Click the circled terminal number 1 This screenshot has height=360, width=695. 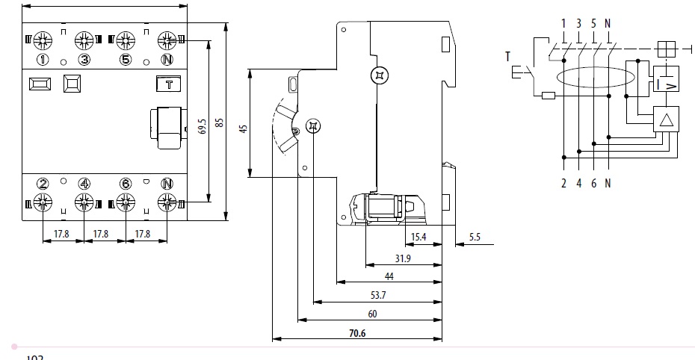(x=43, y=60)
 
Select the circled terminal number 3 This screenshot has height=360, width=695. (x=84, y=60)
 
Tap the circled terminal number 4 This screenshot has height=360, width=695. (x=84, y=184)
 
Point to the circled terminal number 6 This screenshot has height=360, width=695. (x=126, y=184)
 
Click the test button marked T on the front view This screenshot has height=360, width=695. (x=168, y=84)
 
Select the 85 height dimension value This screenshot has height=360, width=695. (x=219, y=122)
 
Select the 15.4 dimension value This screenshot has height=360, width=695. (x=420, y=238)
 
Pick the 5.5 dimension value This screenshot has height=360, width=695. (x=475, y=238)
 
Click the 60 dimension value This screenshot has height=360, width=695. (x=371, y=314)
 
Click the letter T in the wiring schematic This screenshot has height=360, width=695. (x=507, y=56)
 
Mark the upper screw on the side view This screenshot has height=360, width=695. (x=380, y=75)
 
